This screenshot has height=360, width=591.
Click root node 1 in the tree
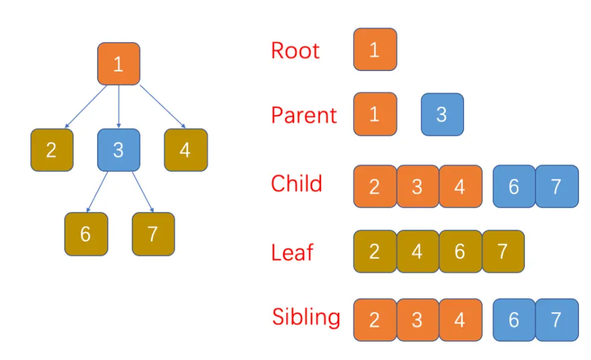[x=118, y=64]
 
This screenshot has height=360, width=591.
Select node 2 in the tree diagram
[x=52, y=150]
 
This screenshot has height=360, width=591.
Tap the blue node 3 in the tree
[x=118, y=150]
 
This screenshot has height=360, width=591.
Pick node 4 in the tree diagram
[x=185, y=150]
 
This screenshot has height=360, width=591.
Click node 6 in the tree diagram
[x=86, y=234]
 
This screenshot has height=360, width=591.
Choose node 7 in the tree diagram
[x=153, y=234]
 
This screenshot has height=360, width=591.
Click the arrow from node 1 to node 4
[x=162, y=106]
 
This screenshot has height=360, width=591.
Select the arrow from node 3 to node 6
[x=97, y=191]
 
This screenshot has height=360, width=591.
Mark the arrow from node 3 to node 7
[x=142, y=191]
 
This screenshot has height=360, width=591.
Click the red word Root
[x=295, y=50]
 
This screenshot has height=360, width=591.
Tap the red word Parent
[x=304, y=115]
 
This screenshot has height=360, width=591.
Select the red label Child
[x=296, y=183]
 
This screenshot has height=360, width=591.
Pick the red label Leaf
[x=292, y=252]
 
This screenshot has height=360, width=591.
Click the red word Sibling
[x=305, y=317]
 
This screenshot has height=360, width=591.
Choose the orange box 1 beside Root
[x=375, y=49]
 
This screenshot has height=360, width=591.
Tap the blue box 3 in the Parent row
[x=442, y=114]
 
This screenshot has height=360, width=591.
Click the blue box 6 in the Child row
[x=513, y=186]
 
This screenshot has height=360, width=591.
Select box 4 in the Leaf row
[x=417, y=251]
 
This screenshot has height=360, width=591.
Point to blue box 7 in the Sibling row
[x=556, y=320]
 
